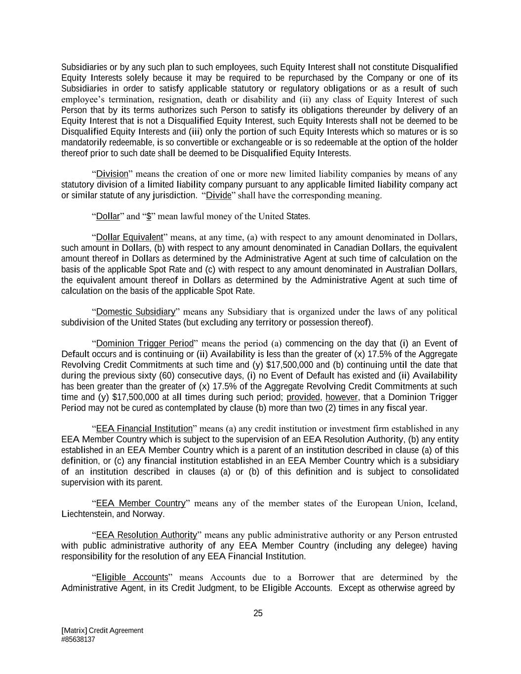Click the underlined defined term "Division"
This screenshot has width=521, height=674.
(112, 174)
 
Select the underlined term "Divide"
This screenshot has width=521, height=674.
(218, 195)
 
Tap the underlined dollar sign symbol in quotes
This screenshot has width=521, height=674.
(149, 216)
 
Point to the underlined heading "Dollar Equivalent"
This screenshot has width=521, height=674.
(129, 238)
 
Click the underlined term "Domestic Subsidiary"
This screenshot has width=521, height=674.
(136, 312)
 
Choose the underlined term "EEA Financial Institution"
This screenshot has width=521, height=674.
(144, 429)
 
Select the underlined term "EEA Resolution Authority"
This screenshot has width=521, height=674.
(147, 535)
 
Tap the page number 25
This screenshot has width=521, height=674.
(258, 613)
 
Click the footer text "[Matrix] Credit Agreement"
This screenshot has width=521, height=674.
(102, 631)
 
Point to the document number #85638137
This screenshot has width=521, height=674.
(78, 639)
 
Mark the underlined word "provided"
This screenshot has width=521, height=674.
(303, 397)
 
